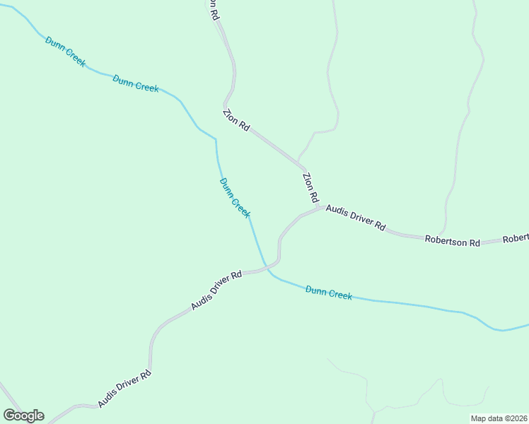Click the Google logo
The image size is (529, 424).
tap(23, 416)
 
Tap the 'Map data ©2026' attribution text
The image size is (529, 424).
tap(499, 418)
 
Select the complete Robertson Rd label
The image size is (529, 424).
tap(452, 240)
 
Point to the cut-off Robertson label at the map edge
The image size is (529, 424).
tap(516, 239)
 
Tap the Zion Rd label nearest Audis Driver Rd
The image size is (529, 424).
tap(310, 189)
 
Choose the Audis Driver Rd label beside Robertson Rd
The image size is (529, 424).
tap(356, 218)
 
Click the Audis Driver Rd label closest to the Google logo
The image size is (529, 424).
tap(124, 389)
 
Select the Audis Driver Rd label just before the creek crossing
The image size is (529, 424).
tap(216, 290)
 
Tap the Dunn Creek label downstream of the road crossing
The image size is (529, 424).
tap(329, 293)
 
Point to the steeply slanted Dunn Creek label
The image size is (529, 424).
tap(235, 198)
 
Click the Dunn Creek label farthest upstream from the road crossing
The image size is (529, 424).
tap(65, 52)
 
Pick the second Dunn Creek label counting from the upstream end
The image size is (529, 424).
tap(135, 83)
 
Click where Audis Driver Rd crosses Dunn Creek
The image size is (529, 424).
tap(267, 269)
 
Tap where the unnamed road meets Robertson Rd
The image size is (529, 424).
tap(443, 235)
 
